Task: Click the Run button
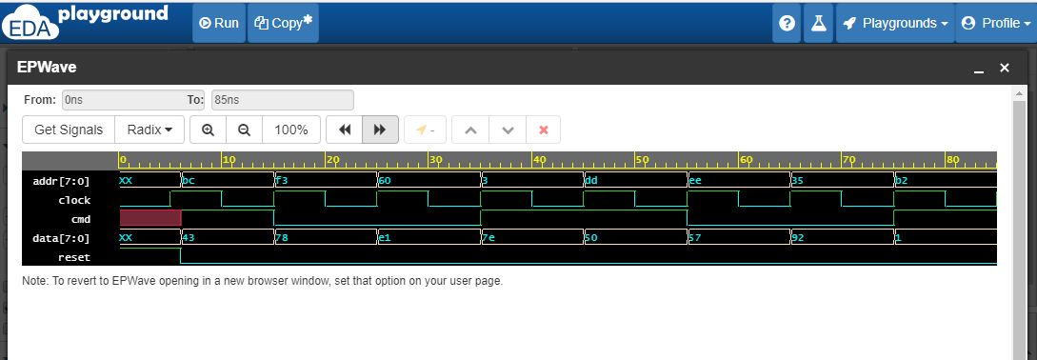tap(219, 23)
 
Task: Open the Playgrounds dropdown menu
tap(896, 23)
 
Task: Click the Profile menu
tap(994, 23)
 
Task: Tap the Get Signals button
tap(69, 130)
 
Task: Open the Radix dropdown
tap(150, 130)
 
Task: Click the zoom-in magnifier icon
tap(208, 130)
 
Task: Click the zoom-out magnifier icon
tap(244, 130)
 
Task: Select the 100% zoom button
tap(290, 130)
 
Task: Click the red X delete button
tap(544, 130)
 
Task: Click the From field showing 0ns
tap(121, 99)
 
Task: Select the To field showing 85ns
tap(282, 99)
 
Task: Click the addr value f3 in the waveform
tap(282, 180)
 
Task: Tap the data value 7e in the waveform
tap(489, 238)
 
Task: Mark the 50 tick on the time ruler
tap(641, 159)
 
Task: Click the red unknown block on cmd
tap(150, 218)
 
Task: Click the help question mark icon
tap(787, 23)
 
